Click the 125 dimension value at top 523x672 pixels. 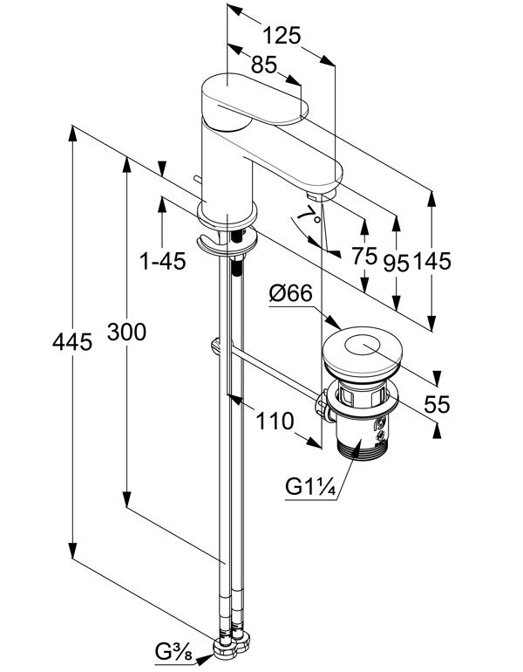282,36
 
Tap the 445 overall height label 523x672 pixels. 72,342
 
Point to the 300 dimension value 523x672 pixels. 126,332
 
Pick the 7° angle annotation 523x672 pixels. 307,213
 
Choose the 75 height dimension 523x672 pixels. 364,257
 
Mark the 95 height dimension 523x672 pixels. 397,263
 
